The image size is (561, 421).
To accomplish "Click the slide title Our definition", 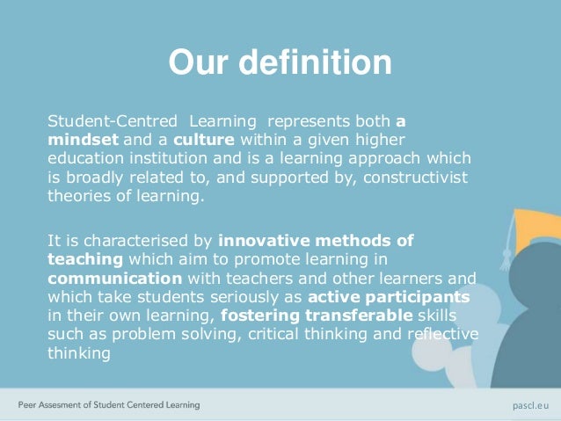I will coord(280,63).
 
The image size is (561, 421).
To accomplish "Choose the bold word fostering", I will coord(261,317).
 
